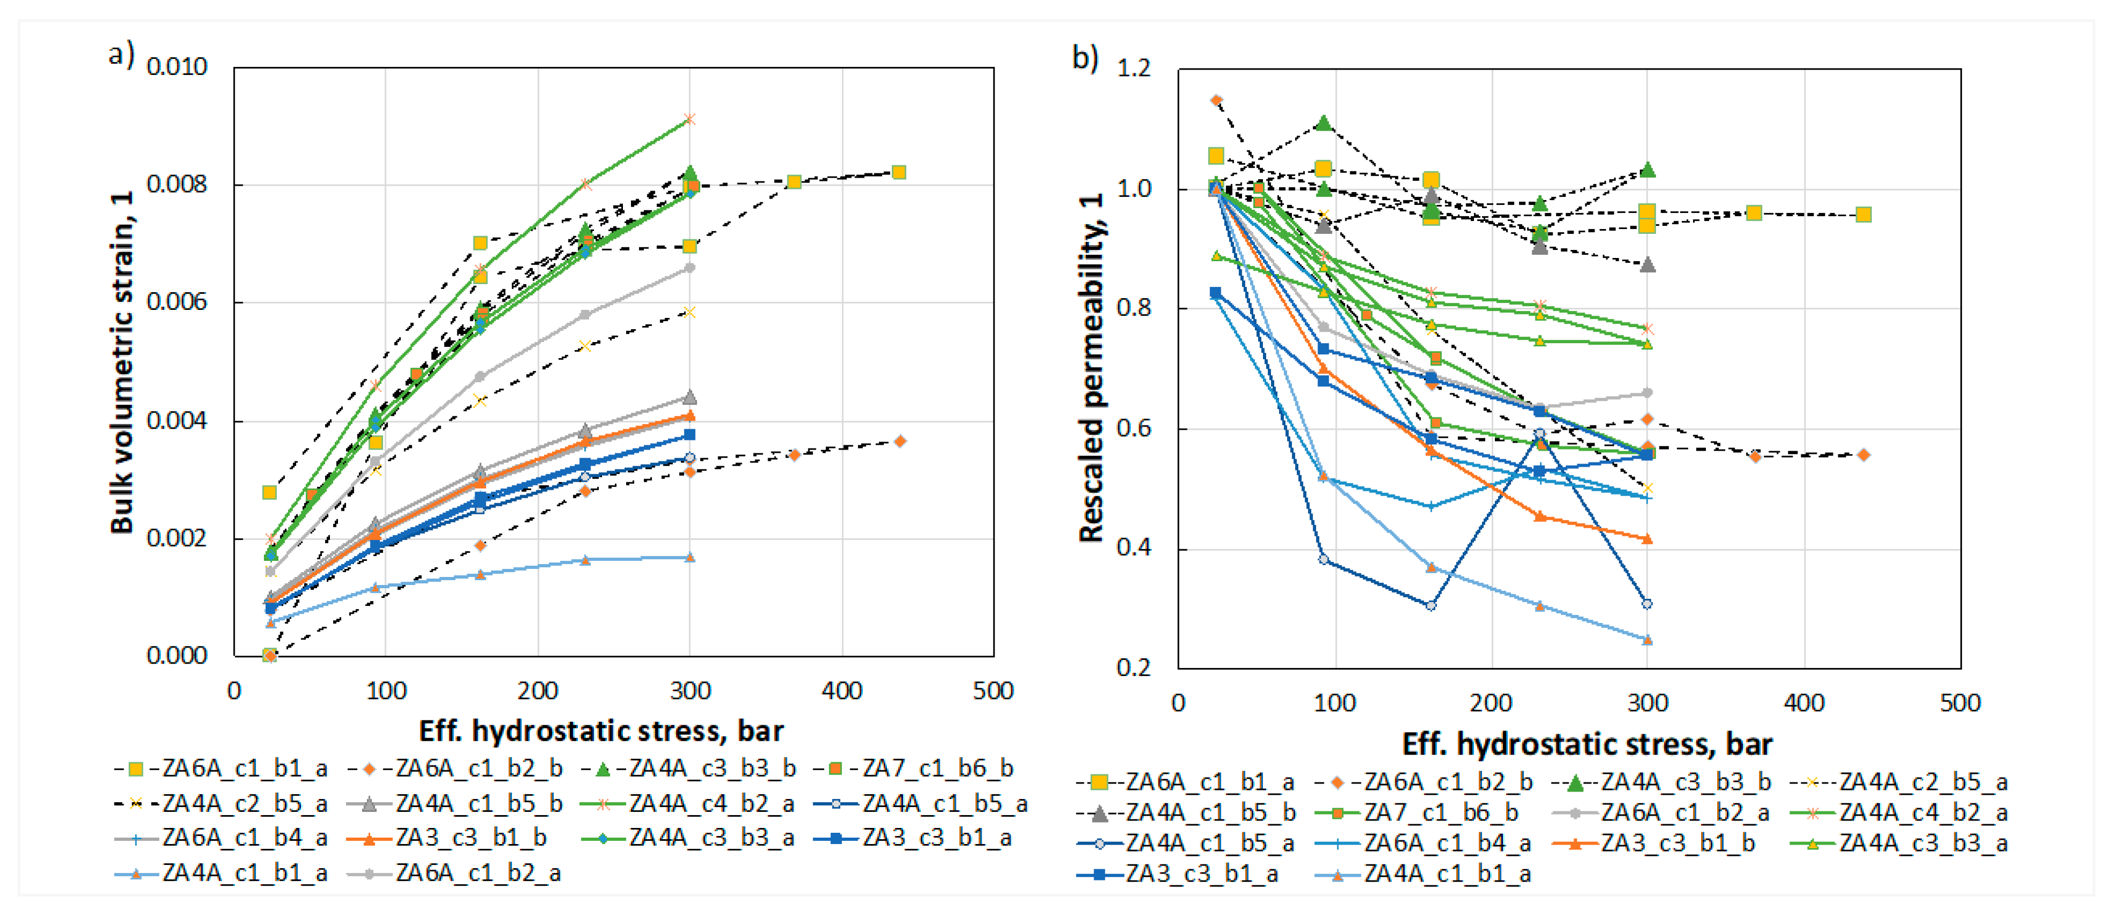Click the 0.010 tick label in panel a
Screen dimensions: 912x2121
click(176, 67)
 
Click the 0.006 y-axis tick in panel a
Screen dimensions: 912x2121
click(176, 302)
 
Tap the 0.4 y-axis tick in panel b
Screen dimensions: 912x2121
click(1134, 548)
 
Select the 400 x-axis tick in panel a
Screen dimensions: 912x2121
click(841, 690)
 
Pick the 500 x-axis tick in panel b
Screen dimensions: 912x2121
click(1960, 703)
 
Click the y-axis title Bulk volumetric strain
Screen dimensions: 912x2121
click(122, 362)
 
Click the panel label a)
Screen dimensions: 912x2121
click(121, 55)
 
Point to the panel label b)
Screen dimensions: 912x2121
click(1085, 58)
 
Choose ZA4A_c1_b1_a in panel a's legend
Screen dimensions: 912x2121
click(245, 872)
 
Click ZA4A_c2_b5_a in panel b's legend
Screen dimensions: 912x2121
click(1923, 781)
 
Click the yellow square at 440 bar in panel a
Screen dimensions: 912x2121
click(899, 172)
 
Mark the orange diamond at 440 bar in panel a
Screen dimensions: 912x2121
click(900, 441)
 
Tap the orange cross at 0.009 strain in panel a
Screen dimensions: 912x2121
click(690, 119)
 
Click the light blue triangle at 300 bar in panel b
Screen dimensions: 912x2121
click(1647, 640)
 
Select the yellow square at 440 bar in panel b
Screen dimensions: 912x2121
click(1863, 215)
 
